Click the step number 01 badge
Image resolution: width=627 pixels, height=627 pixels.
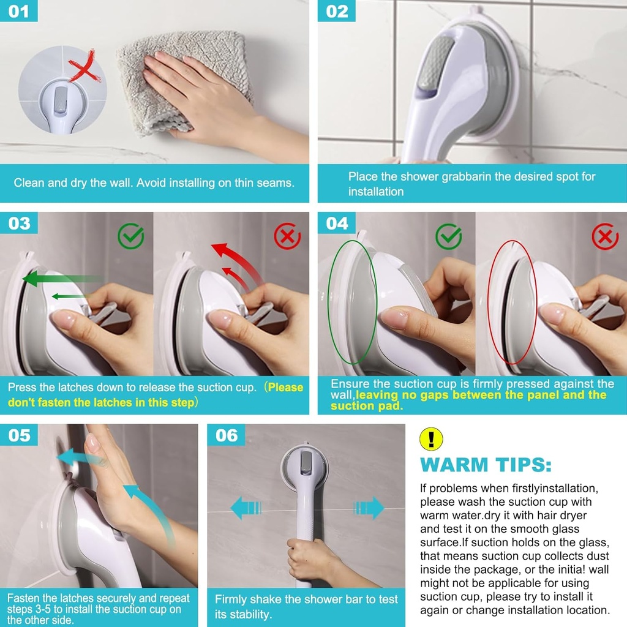pos(18,11)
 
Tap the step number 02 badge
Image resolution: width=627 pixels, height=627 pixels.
pos(336,11)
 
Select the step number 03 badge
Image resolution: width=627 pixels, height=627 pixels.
pos(19,223)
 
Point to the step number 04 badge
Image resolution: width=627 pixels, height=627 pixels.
pos(336,223)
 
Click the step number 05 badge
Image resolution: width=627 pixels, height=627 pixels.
pos(19,435)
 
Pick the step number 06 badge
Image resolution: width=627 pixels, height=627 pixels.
pos(226,435)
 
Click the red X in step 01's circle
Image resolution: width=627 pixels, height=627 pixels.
pos(83,66)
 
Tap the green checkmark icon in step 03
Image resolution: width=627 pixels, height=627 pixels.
pos(131,236)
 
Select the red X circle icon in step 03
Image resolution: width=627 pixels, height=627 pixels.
pos(287,236)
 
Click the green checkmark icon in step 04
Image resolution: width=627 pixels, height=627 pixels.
pos(449,236)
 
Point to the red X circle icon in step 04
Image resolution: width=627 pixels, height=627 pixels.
pos(605,236)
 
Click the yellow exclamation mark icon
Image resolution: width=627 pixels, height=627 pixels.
pos(431,439)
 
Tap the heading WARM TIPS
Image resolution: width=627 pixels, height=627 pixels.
pos(486,465)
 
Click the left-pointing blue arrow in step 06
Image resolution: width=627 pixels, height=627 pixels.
pos(246,508)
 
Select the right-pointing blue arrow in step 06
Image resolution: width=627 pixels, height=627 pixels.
pos(369,508)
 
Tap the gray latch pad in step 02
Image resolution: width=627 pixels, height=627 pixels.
pos(435,64)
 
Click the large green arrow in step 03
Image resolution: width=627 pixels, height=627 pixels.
pos(60,279)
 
